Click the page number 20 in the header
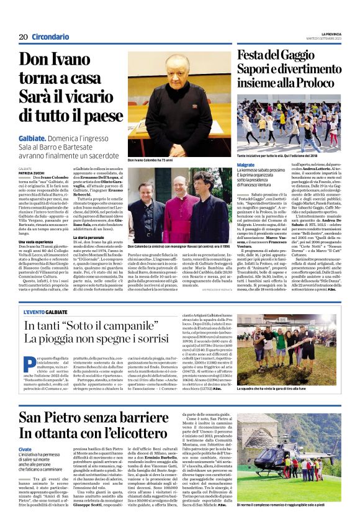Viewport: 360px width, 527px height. pyautogui.click(x=22, y=37)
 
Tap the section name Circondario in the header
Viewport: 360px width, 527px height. pyautogui.click(x=50, y=37)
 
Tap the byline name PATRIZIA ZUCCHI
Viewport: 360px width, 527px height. pyautogui.click(x=32, y=173)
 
